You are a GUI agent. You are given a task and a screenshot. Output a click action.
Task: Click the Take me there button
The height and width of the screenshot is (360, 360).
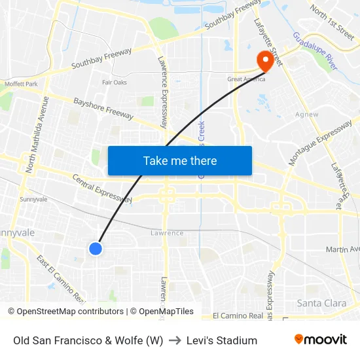coord(180,160)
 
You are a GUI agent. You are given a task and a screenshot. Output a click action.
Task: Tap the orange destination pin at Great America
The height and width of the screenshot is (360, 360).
coord(266,60)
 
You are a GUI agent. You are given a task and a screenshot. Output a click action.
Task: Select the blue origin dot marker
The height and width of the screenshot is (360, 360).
coord(96,248)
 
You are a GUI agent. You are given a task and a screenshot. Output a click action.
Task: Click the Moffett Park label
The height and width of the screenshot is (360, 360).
coord(22,84)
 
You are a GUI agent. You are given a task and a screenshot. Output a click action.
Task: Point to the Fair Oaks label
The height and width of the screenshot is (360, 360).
coord(115,82)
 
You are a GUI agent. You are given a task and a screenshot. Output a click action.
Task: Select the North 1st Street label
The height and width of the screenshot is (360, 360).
coord(333,20)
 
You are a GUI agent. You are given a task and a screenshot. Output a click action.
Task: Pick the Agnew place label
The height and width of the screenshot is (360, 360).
coord(306,115)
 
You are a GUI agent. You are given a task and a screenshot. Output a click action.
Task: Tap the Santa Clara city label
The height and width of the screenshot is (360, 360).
coord(321,303)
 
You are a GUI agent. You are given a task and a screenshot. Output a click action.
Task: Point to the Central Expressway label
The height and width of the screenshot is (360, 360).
coord(101,189)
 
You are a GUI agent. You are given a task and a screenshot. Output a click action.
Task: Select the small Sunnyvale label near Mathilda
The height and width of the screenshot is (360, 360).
coord(33,199)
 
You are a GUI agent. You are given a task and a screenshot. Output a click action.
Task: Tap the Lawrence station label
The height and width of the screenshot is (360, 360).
coord(167,233)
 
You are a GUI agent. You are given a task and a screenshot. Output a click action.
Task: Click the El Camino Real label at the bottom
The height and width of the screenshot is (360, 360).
coord(238,315)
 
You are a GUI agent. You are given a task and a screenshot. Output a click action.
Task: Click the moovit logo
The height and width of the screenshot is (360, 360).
coord(321,340)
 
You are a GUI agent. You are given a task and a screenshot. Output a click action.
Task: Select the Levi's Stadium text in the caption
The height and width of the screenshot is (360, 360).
coord(222,340)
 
